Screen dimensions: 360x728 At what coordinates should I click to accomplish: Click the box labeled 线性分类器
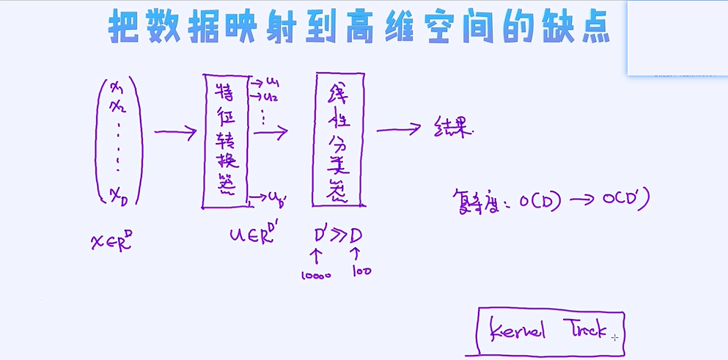coord(339,139)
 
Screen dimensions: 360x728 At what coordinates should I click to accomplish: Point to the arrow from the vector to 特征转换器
coord(175,133)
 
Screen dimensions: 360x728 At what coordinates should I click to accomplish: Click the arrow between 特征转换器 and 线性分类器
coord(270,133)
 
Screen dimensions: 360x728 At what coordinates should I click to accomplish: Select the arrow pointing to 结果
coord(398,130)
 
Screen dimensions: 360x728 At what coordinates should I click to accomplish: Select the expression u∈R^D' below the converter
coord(251,235)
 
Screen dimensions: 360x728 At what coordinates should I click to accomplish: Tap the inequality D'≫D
coord(338,235)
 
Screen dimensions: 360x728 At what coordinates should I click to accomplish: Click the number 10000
coord(316,276)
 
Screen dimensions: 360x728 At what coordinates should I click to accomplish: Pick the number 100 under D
coord(361,271)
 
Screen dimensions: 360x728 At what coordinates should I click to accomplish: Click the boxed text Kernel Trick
coord(549,331)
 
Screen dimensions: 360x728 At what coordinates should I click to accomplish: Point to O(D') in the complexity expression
coord(627,199)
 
